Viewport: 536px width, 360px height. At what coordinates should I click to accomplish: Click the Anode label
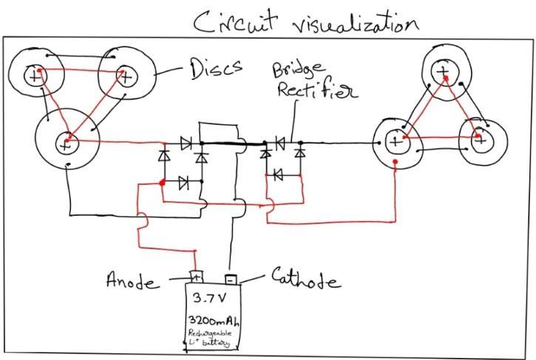point(133,282)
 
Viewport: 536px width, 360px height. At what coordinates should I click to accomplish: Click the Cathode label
point(305,281)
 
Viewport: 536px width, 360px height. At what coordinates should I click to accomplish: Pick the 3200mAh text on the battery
point(213,322)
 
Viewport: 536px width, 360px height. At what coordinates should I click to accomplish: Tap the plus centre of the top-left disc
point(34,74)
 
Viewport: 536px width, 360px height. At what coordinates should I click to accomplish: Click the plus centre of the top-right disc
point(442,71)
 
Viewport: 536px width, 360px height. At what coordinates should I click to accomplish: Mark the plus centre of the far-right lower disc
point(480,137)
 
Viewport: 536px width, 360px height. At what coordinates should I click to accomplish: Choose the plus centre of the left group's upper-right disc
point(126,74)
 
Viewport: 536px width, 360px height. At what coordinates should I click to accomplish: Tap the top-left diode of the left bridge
point(186,140)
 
